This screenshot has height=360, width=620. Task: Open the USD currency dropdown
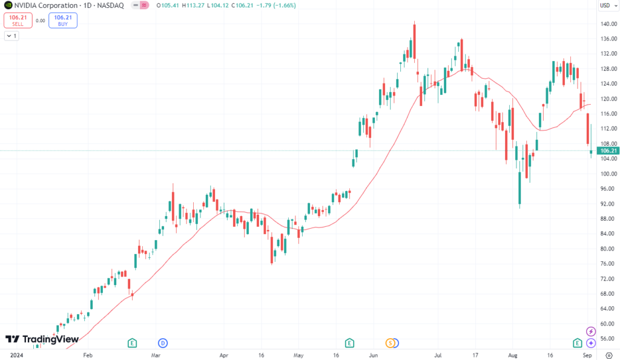click(x=607, y=5)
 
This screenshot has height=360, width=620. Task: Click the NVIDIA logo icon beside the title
click(x=8, y=5)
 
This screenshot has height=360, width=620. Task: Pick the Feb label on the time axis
click(x=88, y=356)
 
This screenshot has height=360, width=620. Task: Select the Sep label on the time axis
click(x=587, y=356)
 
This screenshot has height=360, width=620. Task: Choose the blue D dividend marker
click(x=162, y=343)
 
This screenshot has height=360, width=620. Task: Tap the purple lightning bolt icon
click(x=592, y=331)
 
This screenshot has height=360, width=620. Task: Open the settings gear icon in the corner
click(x=608, y=356)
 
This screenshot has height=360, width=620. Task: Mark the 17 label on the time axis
click(x=477, y=356)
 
